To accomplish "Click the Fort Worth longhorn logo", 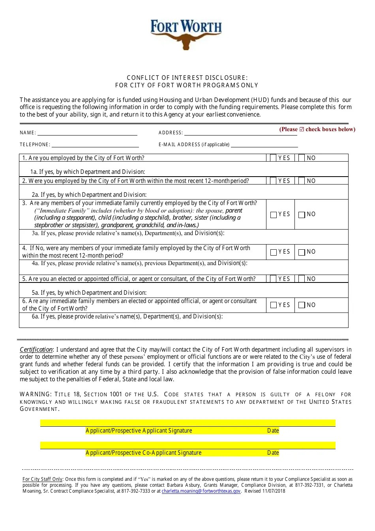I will [x=186, y=35].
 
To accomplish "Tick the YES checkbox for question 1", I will [x=273, y=158].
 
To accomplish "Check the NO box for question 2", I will [x=302, y=181].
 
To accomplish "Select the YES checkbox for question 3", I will [x=274, y=215].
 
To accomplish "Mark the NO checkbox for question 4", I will [x=302, y=252].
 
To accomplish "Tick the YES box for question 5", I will [x=273, y=279].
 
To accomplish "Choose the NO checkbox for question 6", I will [x=302, y=305].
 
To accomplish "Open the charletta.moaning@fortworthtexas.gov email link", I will [x=201, y=491].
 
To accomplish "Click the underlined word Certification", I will [x=36, y=350].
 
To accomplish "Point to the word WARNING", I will [x=36, y=394].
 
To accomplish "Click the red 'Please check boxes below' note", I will [x=317, y=129].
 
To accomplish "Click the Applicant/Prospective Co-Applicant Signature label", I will [x=143, y=453].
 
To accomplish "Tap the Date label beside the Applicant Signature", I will [x=273, y=431].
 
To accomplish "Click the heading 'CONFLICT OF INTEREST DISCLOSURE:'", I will [x=187, y=78].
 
